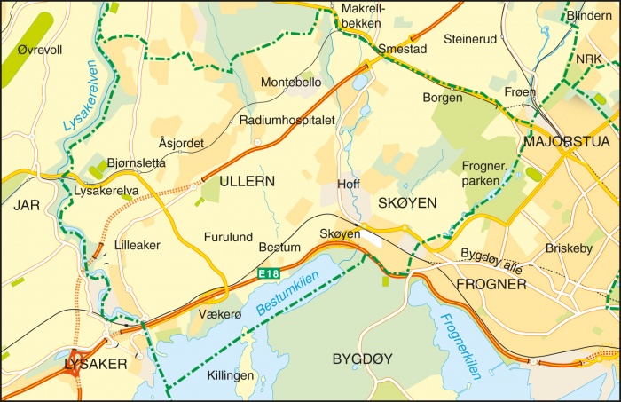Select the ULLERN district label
pos(247,181)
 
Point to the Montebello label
pos(291,83)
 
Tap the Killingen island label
pos(230,375)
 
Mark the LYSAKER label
pos(96,364)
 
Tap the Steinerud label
pos(470,39)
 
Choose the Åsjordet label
pos(183,143)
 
